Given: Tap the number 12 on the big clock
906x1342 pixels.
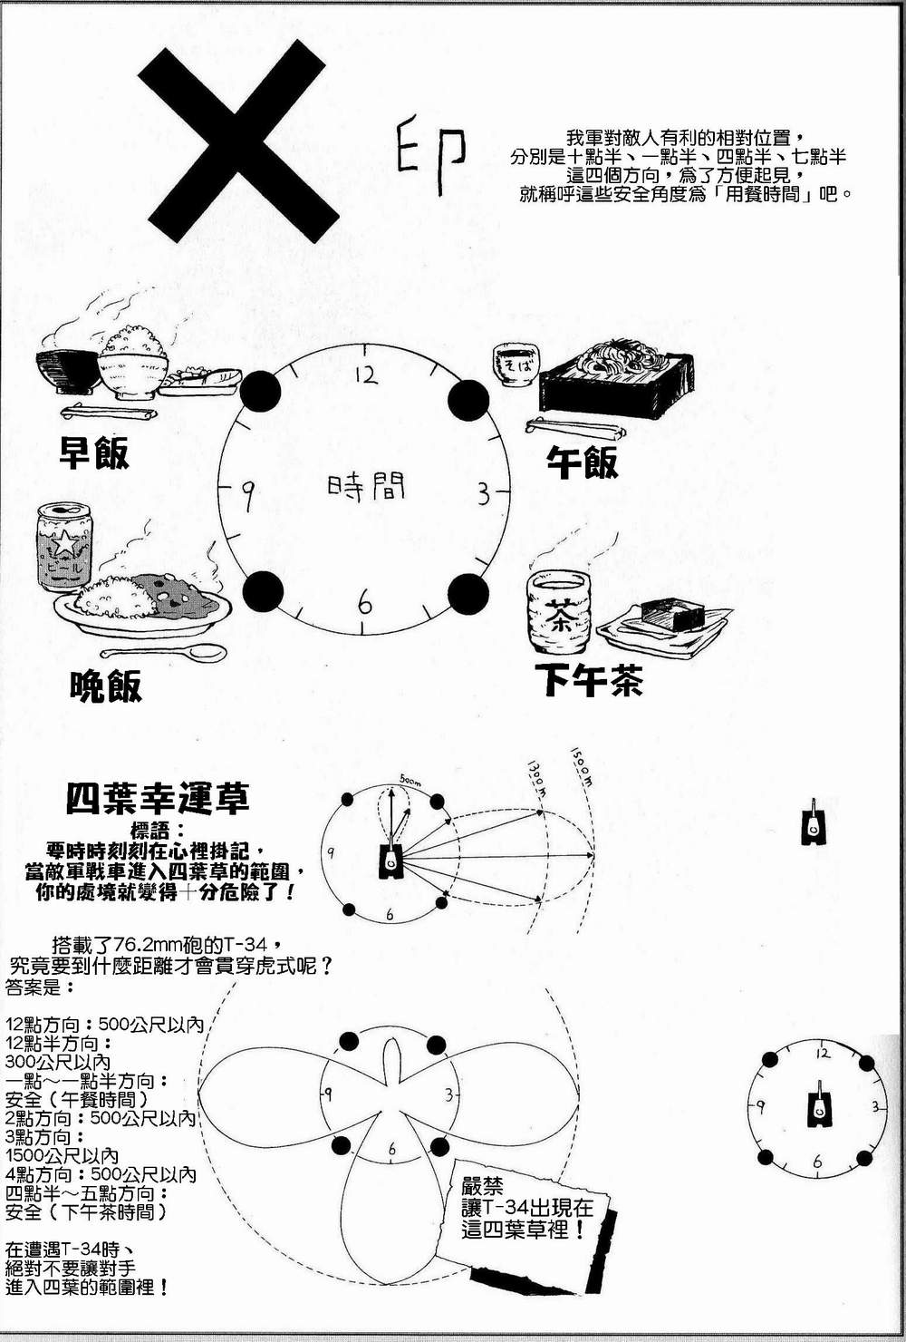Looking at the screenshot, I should pos(366,374).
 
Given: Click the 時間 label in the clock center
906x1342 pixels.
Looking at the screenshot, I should pos(366,488).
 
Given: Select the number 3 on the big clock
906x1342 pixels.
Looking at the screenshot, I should pos(484,494).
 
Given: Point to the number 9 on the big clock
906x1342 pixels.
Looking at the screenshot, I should pos(246,494).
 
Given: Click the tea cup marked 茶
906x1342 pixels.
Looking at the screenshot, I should pos(558,612).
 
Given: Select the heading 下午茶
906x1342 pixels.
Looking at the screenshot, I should pos(589,680).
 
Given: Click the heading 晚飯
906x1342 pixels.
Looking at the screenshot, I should pos(106,686).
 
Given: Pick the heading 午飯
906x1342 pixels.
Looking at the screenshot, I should pos(582,462).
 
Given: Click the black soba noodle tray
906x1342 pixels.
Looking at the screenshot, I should pos(616,381).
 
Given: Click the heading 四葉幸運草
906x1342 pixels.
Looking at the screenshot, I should pos(158,798).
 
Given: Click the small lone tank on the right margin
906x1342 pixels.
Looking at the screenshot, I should pos(814,822).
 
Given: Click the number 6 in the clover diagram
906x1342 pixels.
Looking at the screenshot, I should pos(391,1150).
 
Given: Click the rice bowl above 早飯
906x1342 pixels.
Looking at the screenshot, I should pos(132,365).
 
